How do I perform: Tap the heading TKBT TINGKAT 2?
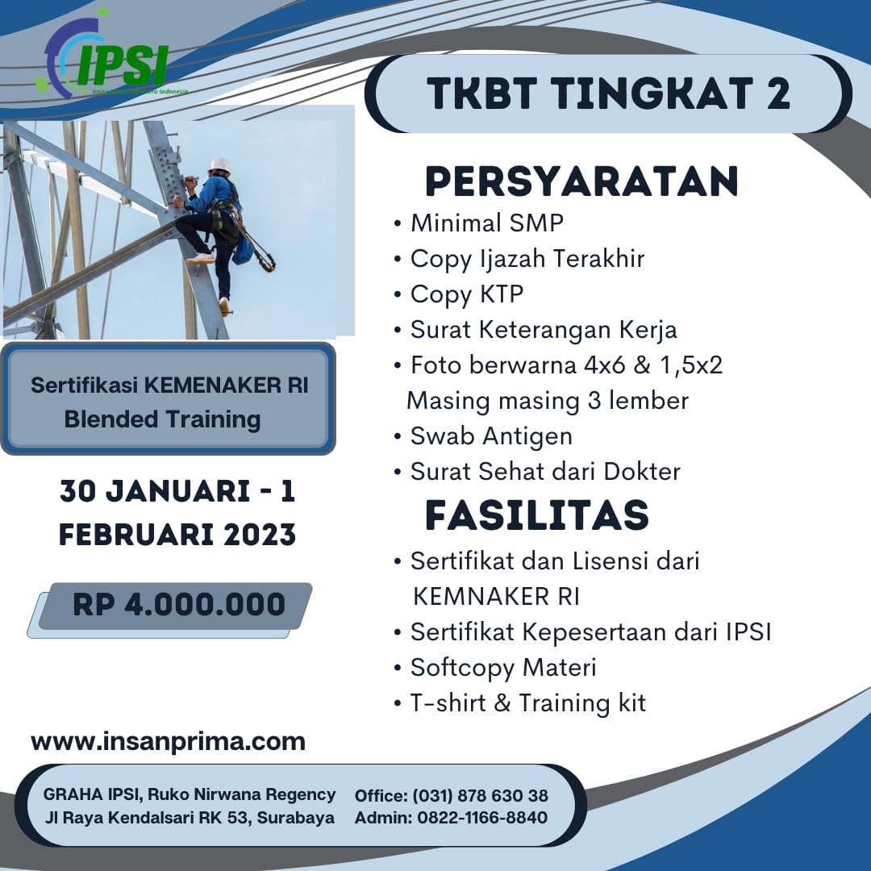coord(609,93)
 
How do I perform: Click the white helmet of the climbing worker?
coord(219,165)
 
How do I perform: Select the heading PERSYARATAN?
coord(581,181)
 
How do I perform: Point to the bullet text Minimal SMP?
coord(487,223)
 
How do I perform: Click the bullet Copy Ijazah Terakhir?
coord(527,258)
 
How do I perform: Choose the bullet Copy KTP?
coord(466,294)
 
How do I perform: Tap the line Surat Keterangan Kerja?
coord(543,329)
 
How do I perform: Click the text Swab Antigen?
coord(490,435)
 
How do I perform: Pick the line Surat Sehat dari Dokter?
coord(545,471)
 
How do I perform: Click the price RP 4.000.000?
coord(178,605)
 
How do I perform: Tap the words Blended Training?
coord(162,419)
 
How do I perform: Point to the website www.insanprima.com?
coord(168,741)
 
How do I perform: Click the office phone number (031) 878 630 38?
coord(481,796)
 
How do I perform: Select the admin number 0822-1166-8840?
coord(482,818)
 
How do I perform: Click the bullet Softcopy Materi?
coord(502,668)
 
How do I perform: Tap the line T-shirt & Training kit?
coord(527,702)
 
